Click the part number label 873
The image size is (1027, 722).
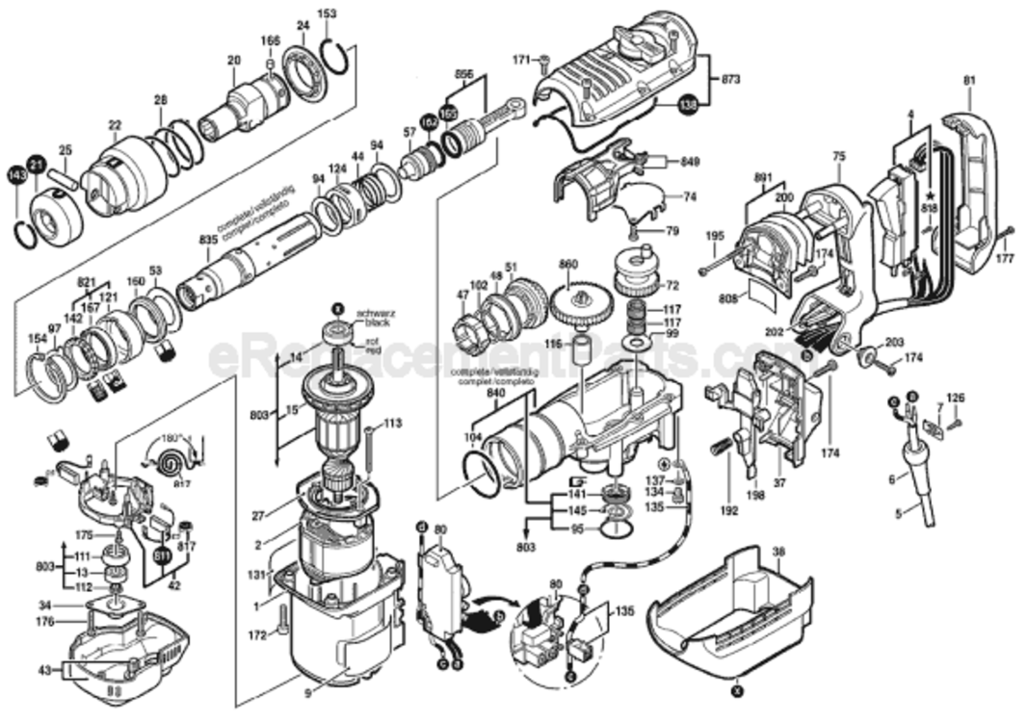coord(731,79)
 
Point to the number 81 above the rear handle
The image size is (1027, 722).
coord(968,81)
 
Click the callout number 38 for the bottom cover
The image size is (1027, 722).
coord(778,554)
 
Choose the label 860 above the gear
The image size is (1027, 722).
coord(568,264)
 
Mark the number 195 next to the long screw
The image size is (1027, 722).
coord(714,236)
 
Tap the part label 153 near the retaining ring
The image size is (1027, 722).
coord(328,13)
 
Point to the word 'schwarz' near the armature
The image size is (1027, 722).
coord(371,314)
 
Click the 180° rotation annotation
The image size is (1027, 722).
coord(171,436)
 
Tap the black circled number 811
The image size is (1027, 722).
coord(161,555)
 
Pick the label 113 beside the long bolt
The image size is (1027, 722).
coord(392,423)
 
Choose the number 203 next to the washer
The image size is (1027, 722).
coord(895,343)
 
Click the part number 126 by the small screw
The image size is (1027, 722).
coord(954,398)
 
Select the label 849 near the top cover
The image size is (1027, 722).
coord(690,161)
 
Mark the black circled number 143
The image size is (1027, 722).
coord(16,174)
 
